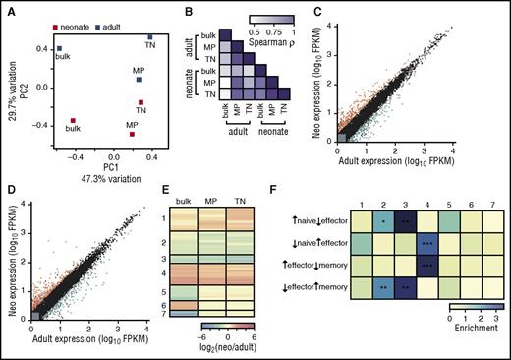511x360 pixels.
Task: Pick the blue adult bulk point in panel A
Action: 59,48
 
